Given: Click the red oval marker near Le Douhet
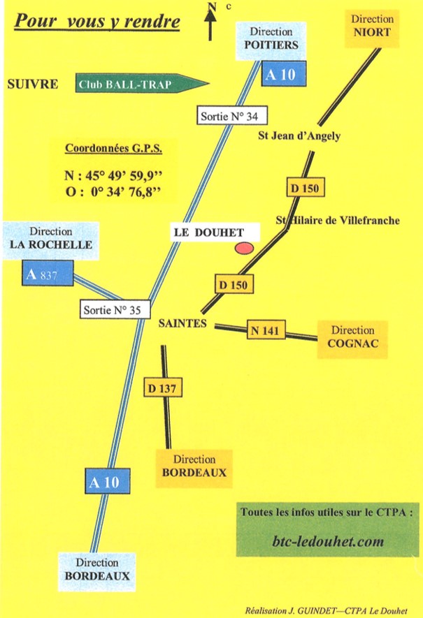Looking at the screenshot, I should [244, 248].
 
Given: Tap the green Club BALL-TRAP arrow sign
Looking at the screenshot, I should [140, 84].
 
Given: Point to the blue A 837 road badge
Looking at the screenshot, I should [48, 274].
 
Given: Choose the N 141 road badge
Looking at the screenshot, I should [266, 330].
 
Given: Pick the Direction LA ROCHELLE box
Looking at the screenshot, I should [51, 237].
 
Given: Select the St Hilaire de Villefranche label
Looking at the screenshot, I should [338, 221].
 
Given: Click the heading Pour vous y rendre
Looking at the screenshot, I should [97, 22].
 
